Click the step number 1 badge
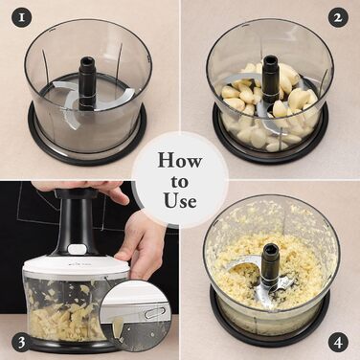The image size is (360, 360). pos(22,17)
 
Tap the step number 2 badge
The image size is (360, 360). pos(338,17)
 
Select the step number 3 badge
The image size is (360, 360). pos(22,343)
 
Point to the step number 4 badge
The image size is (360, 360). pos(338,343)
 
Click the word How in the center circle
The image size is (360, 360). pos(180,160)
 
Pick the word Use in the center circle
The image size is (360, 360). pos(180,200)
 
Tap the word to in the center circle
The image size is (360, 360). pos(179,182)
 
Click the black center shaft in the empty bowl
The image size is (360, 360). pos(87,83)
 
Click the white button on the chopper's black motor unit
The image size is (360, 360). pos(77,249)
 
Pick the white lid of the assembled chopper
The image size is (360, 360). pos(76,265)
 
